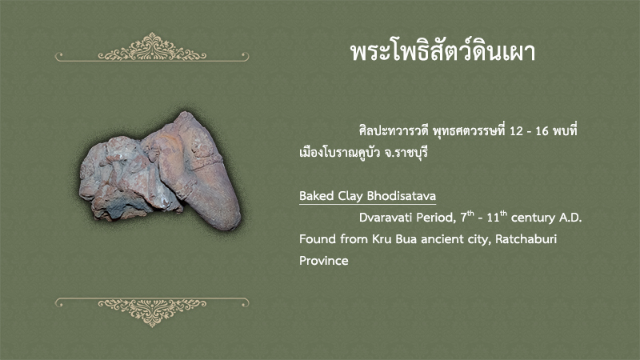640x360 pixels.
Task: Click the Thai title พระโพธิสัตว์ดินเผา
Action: click(x=443, y=52)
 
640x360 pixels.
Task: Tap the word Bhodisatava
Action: click(x=402, y=196)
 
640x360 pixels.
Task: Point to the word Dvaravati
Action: click(x=386, y=218)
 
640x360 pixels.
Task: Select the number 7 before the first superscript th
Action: click(x=464, y=218)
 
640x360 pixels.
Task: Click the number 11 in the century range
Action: click(x=493, y=218)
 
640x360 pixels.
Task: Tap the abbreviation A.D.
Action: click(x=570, y=218)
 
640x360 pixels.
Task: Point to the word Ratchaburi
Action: click(x=526, y=238)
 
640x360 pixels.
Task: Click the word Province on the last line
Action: click(x=324, y=261)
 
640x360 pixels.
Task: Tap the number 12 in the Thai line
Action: click(x=516, y=131)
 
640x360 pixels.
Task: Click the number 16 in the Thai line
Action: click(x=542, y=131)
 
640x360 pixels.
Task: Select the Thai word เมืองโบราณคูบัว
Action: click(x=339, y=152)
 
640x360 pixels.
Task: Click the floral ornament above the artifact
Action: click(x=152, y=47)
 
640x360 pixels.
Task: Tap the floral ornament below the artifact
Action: click(x=152, y=312)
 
